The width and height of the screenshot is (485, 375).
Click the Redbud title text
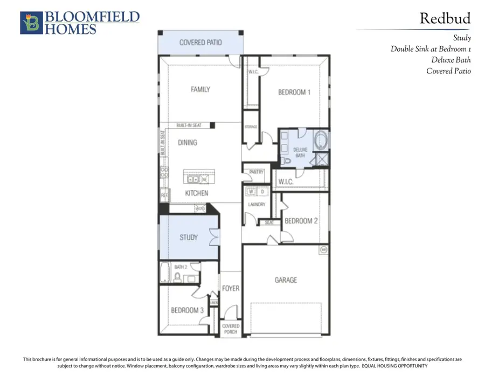[445, 18]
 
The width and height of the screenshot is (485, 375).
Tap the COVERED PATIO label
[200, 42]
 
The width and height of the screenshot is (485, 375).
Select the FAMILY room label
[200, 90]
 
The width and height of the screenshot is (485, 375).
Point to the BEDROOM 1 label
[294, 92]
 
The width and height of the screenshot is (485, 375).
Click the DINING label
[188, 143]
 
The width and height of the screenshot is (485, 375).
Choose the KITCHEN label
[197, 193]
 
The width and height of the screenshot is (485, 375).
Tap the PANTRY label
[257, 173]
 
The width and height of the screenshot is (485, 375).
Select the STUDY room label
[189, 237]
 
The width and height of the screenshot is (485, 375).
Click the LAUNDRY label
[257, 204]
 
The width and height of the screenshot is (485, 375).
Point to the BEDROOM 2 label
[301, 221]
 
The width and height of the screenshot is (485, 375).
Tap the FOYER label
[231, 289]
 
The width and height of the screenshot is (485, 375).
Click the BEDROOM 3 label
[187, 310]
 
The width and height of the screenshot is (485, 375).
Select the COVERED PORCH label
[231, 329]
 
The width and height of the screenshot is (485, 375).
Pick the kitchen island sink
[192, 180]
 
